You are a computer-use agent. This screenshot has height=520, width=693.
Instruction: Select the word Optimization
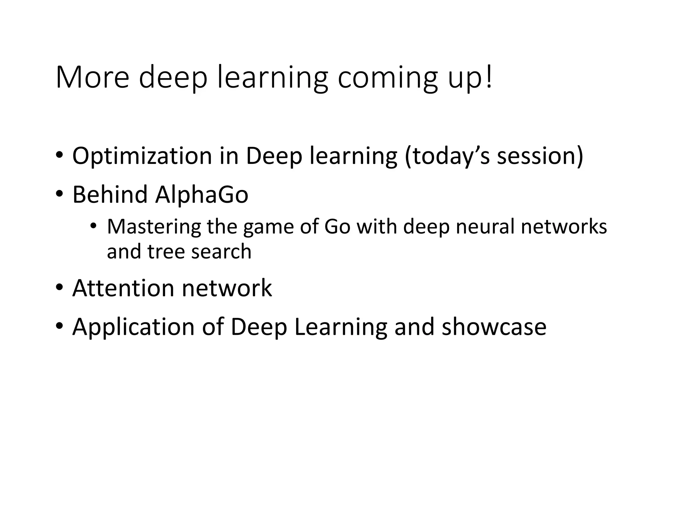[142, 156]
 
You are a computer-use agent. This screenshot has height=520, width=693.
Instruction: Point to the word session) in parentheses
[540, 156]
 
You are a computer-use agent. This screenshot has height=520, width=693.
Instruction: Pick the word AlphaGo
[202, 196]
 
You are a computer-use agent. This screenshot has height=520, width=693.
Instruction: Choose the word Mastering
[154, 227]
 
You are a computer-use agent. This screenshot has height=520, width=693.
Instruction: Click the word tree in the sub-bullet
[165, 252]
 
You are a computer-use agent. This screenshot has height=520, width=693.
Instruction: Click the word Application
[133, 327]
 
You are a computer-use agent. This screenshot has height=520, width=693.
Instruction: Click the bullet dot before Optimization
[60, 155]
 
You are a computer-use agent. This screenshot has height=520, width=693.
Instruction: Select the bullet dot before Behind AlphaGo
[60, 194]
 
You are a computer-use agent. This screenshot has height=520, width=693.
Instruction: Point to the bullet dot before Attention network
[60, 287]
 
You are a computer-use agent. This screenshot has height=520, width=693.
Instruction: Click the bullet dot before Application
[60, 326]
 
